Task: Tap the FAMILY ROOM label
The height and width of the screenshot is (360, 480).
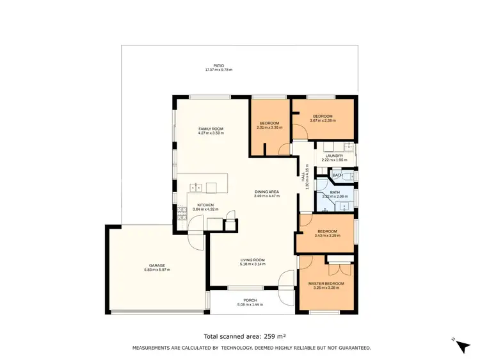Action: click(x=210, y=129)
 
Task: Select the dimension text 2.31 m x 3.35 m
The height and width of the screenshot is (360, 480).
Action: click(x=269, y=127)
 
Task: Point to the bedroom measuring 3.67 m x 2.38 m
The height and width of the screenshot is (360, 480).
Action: click(x=322, y=118)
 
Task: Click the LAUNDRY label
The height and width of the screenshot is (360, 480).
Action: click(x=334, y=156)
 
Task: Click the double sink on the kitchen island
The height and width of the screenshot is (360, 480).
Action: click(x=196, y=188)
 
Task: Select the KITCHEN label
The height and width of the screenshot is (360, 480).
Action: click(x=205, y=205)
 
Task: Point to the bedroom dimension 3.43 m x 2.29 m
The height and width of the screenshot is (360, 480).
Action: click(x=326, y=236)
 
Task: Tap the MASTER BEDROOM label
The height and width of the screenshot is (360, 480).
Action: click(x=326, y=283)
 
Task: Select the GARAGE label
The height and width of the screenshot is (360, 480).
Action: click(x=157, y=265)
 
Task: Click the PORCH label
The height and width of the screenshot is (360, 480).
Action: click(x=250, y=300)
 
